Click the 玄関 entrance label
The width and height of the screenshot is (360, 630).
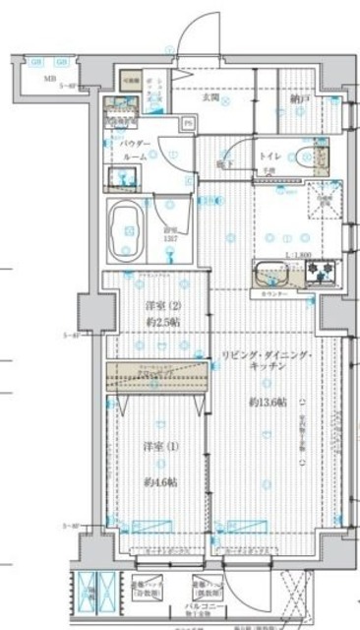click(x=211, y=96)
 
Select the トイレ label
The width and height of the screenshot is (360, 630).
click(x=270, y=157)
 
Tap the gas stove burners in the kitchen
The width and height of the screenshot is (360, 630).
click(x=323, y=275)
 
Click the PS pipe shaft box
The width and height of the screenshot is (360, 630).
click(x=187, y=124)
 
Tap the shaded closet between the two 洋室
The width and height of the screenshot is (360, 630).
click(x=157, y=374)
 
